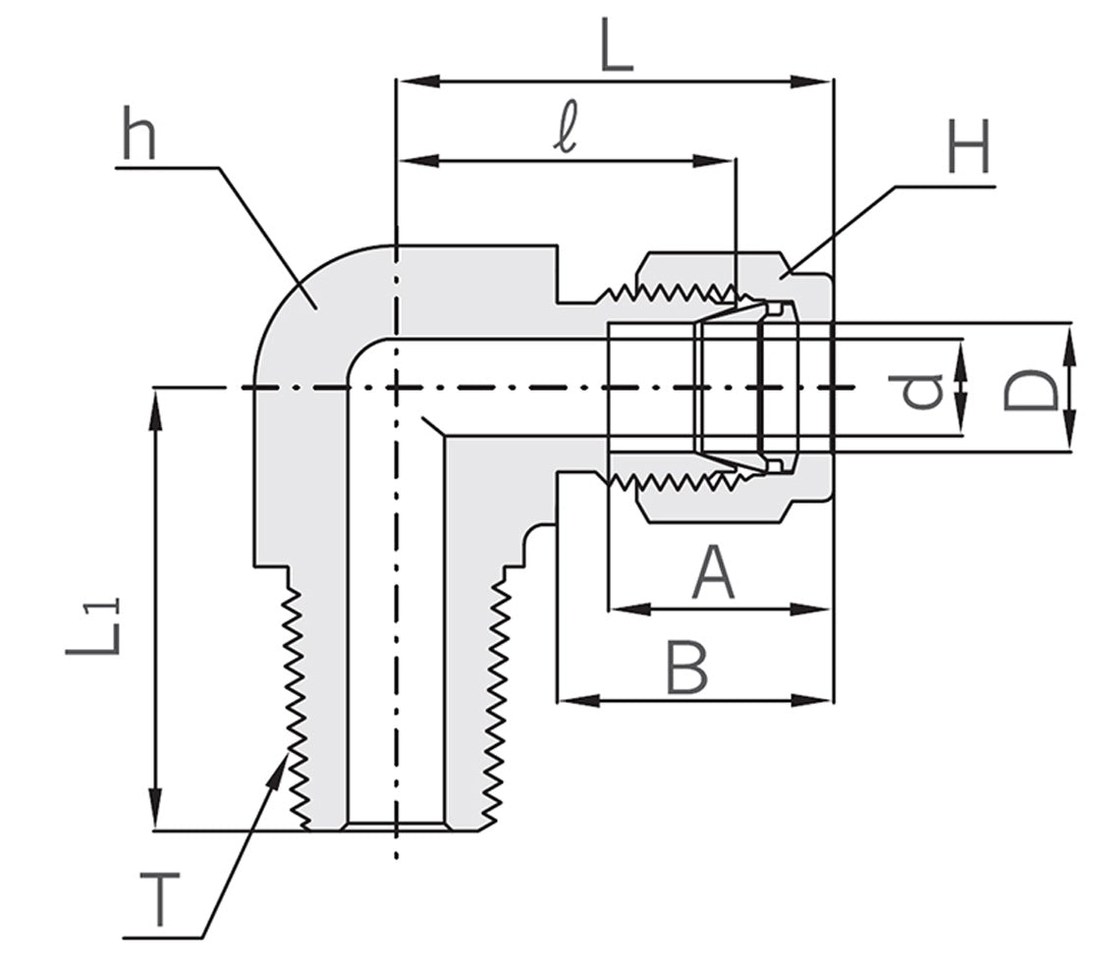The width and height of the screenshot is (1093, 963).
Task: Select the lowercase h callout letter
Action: coord(138,134)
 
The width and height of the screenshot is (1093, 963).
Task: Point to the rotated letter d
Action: coord(921,391)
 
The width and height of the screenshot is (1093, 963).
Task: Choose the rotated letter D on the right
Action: coord(1029,391)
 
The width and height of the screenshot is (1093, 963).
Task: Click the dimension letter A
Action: coord(713,572)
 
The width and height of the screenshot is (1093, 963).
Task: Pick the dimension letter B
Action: coord(686,669)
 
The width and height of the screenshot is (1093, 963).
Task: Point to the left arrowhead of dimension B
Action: coord(579,699)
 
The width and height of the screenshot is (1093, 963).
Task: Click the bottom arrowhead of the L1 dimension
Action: coord(156,809)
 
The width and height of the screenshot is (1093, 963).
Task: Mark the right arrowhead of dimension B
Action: coord(811,699)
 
